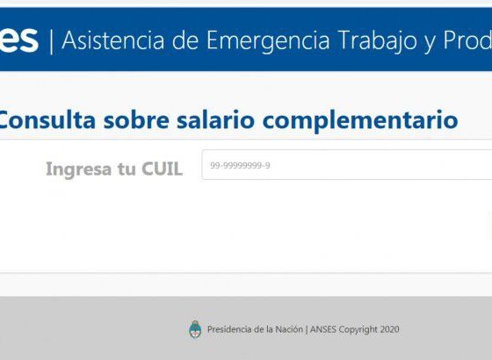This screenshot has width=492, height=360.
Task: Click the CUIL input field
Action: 347,165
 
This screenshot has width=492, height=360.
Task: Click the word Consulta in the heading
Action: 47,119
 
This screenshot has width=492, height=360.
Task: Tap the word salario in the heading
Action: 215,119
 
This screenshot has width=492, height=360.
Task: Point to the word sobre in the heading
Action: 136,119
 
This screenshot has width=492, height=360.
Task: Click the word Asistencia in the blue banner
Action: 113,40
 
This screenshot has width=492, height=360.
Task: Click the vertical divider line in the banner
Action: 52,41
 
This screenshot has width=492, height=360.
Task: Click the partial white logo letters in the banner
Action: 18,40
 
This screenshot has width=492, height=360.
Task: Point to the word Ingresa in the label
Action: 79,169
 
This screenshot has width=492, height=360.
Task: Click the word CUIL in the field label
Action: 162,169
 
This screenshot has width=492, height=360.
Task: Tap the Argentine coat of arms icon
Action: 195,329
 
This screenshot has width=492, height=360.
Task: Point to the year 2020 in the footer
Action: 390,329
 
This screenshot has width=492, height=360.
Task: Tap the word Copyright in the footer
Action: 358,329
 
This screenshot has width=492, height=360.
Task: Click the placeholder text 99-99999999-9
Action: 240,165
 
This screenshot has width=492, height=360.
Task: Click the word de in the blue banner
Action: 185,40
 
